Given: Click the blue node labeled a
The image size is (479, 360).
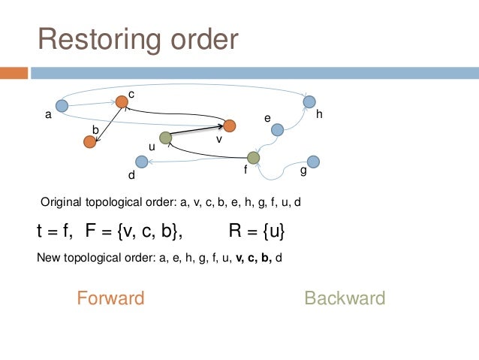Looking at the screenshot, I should click(62, 107).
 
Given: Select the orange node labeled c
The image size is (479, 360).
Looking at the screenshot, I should click(122, 101).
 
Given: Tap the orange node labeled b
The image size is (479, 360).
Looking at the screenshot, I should click(90, 141).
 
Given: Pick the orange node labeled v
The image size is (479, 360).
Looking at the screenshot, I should click(230, 126).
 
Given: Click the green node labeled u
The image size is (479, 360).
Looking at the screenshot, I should click(166, 138).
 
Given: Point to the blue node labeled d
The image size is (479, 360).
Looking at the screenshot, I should click(140, 162).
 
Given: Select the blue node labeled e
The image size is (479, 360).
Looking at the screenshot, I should click(277, 130).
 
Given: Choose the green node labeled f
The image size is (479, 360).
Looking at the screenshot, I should click(253, 157).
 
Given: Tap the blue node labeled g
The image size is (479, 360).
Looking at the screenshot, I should click(314, 161).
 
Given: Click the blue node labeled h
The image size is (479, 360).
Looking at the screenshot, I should click(309, 101).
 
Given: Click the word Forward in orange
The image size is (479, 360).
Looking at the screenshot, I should click(110, 298).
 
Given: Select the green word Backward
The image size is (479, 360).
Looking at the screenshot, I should click(345, 298).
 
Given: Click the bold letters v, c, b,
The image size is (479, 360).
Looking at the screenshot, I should click(253, 259).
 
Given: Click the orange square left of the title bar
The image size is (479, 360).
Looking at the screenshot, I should click(14, 73).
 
